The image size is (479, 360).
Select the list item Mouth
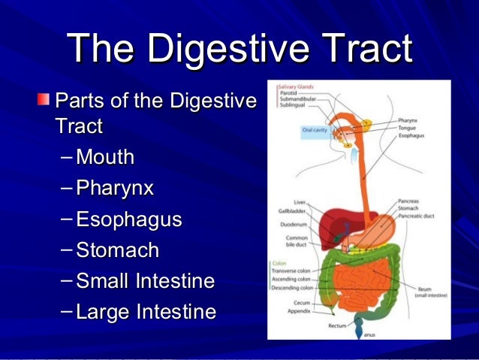pyautogui.click(x=104, y=158)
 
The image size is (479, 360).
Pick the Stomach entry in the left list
pyautogui.click(x=117, y=250)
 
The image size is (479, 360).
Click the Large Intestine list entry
pyautogui.click(x=146, y=311)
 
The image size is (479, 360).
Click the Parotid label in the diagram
pyautogui.click(x=288, y=93)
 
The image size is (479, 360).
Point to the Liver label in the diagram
pyautogui.click(x=299, y=201)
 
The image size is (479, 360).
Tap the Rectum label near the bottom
pyautogui.click(x=337, y=326)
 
